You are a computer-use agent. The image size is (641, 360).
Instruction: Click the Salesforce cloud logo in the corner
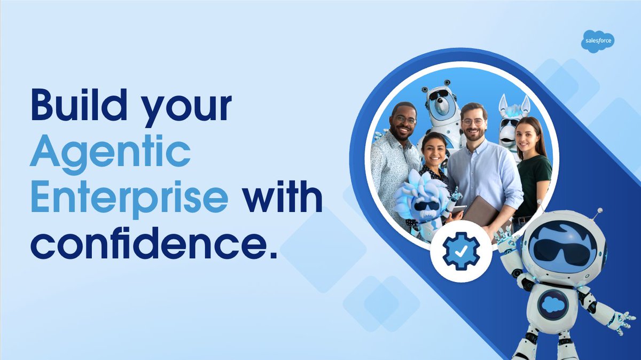[x=598, y=41]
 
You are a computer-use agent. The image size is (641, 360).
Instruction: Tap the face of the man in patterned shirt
[x=404, y=122]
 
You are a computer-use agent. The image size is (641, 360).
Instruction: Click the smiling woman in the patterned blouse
[x=434, y=155]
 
